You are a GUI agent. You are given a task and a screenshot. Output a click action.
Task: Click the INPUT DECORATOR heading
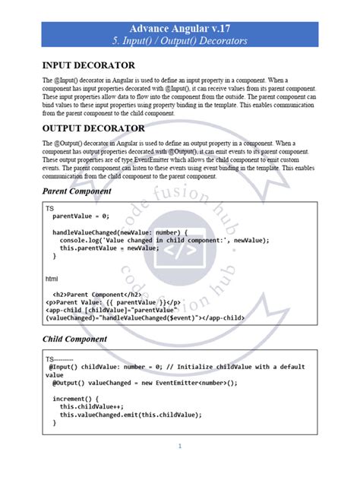pos(89,65)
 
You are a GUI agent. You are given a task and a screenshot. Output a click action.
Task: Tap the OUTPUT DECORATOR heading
pos(93,128)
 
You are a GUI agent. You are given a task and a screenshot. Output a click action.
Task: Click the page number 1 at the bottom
pos(179,447)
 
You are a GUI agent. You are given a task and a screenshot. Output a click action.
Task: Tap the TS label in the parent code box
pos(49,208)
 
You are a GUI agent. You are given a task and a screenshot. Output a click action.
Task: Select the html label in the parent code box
pos(52,279)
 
